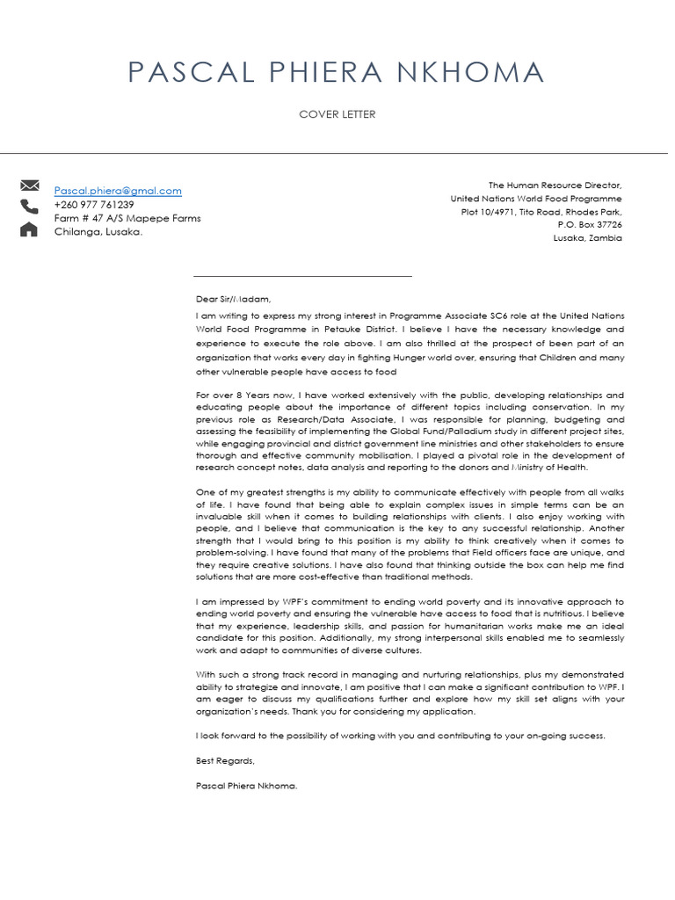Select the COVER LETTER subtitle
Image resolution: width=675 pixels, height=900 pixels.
(337, 115)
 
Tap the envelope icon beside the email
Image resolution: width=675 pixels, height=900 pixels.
(29, 185)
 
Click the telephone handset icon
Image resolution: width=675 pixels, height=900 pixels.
(29, 207)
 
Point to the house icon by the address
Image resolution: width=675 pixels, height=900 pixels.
(29, 229)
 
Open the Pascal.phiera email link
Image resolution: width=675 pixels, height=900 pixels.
(118, 191)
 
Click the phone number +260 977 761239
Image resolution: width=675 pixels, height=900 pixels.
(94, 205)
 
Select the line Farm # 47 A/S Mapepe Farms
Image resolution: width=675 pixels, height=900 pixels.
(127, 218)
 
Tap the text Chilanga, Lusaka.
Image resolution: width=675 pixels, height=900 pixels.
(98, 232)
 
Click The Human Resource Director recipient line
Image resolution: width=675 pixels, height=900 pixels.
(555, 185)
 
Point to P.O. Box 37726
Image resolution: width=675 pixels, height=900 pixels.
(589, 225)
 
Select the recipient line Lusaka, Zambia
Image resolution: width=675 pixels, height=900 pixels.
(587, 238)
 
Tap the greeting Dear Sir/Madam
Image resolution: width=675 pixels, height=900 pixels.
(228, 299)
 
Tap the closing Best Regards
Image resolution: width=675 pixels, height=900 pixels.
(225, 761)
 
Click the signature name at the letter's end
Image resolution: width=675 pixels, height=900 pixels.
(247, 786)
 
